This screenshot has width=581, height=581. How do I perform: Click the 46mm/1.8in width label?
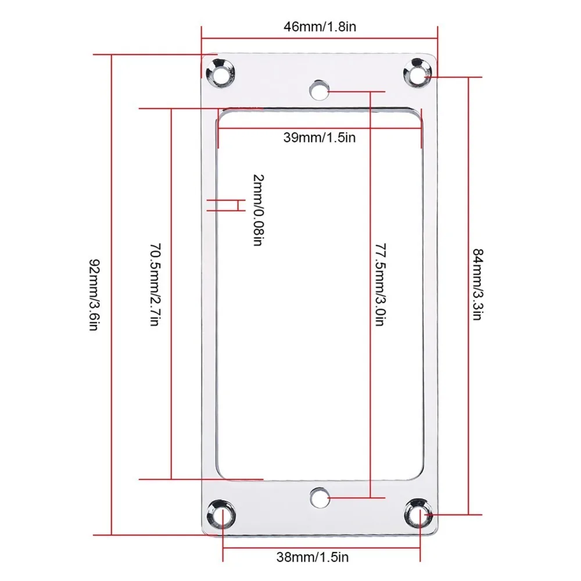tap(319, 27)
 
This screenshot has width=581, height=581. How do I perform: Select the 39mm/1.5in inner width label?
tap(319, 138)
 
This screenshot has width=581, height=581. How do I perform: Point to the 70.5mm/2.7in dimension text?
tap(154, 284)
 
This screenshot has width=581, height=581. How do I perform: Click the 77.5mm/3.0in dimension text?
tap(378, 284)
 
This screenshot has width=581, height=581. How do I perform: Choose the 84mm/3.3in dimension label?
tap(478, 285)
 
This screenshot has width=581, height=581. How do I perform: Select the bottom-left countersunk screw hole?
tap(220, 514)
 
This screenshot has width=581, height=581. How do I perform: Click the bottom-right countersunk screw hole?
tap(417, 514)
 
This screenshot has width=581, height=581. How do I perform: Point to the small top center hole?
tap(318, 90)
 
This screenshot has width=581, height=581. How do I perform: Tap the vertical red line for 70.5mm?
tap(171, 378)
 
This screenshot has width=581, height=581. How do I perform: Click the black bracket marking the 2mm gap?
tap(238, 205)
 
